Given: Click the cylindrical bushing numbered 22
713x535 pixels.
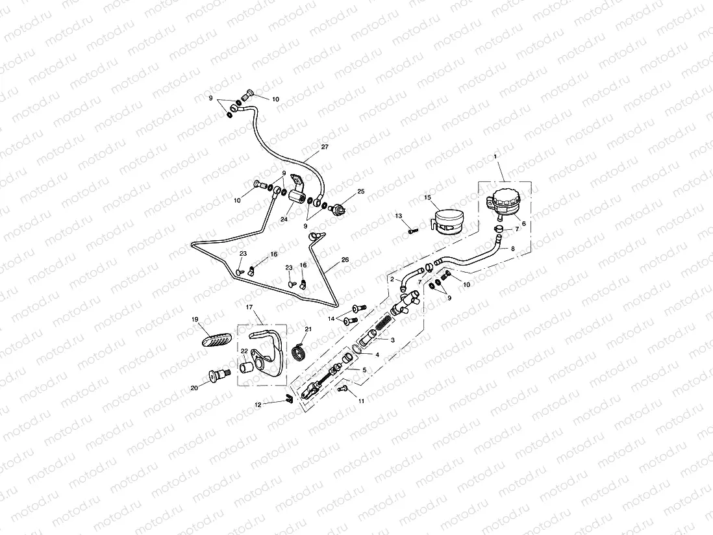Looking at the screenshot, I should pos(247,368).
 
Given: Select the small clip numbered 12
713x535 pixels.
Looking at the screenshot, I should pos(290,399).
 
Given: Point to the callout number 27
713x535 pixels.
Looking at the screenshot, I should pos(325,147).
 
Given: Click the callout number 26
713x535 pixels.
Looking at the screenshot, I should pos(345,260).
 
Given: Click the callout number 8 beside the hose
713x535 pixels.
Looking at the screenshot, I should pos(512,248).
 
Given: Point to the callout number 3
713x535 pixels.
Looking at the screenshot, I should pos(392,340).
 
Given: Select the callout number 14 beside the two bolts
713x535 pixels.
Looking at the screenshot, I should pos(332,318).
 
